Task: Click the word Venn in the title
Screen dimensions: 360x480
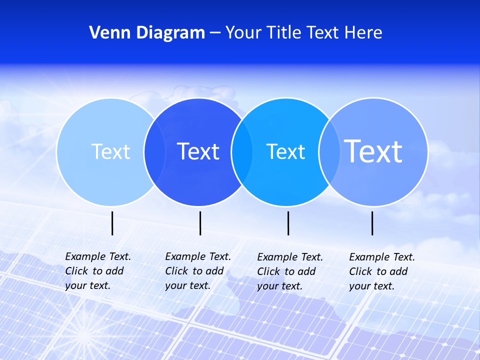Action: click(x=106, y=33)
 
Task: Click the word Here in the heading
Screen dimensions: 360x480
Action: click(x=363, y=33)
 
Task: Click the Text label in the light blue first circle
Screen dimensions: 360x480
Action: click(x=110, y=151)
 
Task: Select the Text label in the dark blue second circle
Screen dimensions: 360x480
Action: click(x=198, y=151)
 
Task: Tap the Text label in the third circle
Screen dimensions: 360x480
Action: click(x=285, y=151)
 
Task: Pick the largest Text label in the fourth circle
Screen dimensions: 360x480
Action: click(x=373, y=151)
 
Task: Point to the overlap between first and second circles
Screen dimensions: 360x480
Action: click(x=154, y=151)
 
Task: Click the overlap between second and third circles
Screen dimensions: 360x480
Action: click(x=242, y=151)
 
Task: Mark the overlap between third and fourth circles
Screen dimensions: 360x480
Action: click(x=329, y=151)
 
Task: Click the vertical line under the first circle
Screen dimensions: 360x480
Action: click(x=112, y=223)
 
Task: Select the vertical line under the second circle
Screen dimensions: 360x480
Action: click(x=200, y=223)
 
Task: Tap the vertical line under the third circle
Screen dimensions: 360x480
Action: click(x=288, y=223)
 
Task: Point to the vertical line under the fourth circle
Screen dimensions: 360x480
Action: click(x=372, y=223)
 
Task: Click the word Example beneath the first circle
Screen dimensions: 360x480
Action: click(x=85, y=256)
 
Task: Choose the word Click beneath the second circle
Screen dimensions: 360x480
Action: click(x=176, y=271)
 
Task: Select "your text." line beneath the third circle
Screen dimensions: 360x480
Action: click(x=279, y=286)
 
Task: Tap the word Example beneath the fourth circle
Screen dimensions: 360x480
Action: click(x=369, y=257)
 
